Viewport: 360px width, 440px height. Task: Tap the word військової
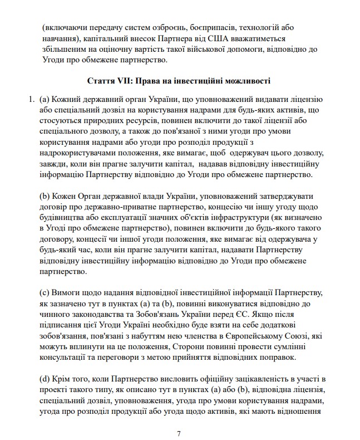pos(199,49)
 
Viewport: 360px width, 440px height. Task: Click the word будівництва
pos(65,218)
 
